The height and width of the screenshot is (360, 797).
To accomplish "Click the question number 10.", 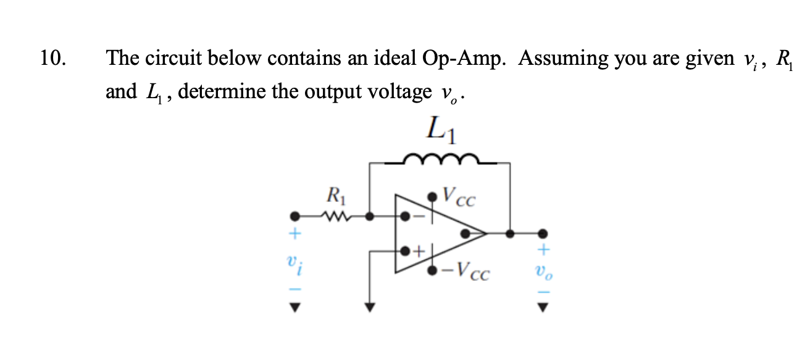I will tap(52, 59).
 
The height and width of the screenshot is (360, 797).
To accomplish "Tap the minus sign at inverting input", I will tap(418, 217).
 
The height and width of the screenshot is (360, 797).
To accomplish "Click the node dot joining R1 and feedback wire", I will tap(370, 217).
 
